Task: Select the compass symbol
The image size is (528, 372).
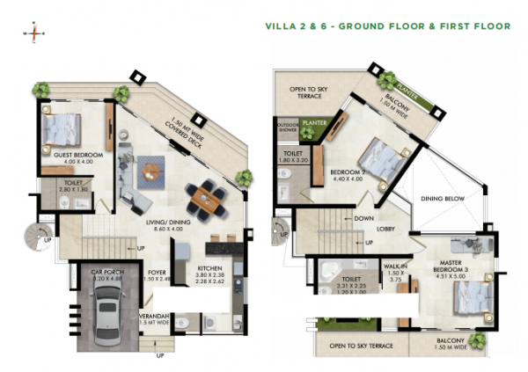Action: [34, 33]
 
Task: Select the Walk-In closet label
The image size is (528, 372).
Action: [393, 273]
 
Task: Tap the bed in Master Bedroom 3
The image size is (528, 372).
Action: [466, 297]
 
